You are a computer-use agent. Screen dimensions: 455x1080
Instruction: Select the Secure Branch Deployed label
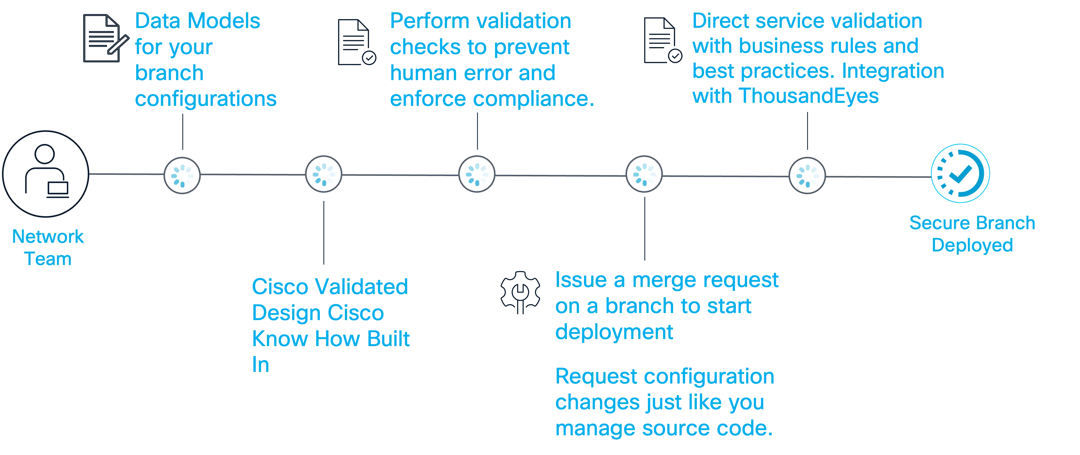pyautogui.click(x=972, y=233)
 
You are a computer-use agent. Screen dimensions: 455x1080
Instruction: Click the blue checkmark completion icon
pyautogui.click(x=960, y=173)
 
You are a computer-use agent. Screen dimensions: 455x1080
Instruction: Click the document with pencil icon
pyautogui.click(x=105, y=39)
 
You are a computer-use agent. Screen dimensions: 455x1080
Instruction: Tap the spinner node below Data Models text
pyautogui.click(x=182, y=175)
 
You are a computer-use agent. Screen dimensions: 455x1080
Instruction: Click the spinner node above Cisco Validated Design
pyautogui.click(x=324, y=174)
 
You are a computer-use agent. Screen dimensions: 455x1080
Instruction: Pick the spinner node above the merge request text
pyautogui.click(x=644, y=174)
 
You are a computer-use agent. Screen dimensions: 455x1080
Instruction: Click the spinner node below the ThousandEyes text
pyautogui.click(x=807, y=175)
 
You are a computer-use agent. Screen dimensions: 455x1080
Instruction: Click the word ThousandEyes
pyautogui.click(x=809, y=96)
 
